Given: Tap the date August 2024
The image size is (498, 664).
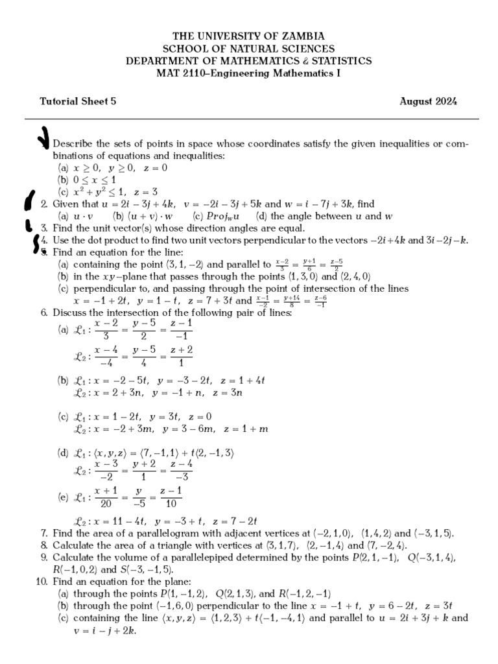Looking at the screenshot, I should click(428, 101).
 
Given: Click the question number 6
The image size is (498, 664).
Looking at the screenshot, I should click(44, 313).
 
